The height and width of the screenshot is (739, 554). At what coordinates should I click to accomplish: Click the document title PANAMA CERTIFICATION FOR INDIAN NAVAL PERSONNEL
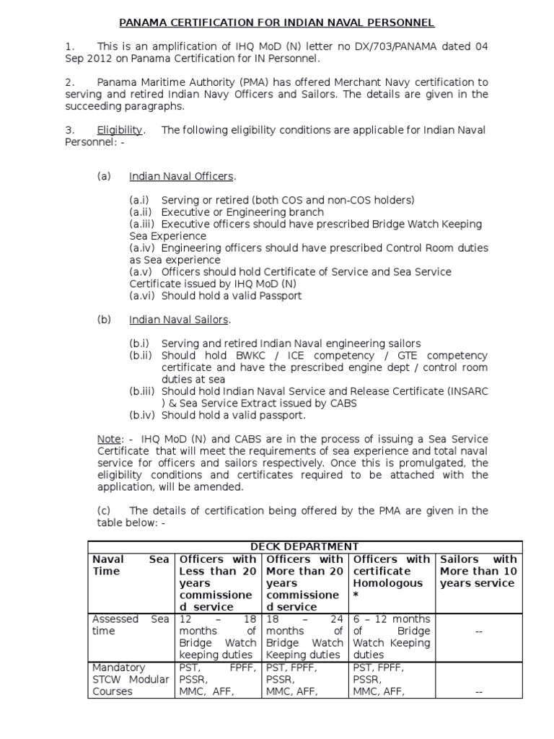[276, 23]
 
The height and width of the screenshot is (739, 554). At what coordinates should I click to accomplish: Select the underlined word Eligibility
[120, 130]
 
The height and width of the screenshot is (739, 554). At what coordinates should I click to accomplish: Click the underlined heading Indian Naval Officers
[182, 177]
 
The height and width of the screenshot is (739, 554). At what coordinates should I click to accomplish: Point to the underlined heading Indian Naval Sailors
[179, 320]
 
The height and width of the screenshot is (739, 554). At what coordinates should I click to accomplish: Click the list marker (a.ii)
[142, 212]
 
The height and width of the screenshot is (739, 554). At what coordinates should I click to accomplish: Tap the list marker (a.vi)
[143, 295]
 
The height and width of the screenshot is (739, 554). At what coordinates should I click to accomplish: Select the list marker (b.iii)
[144, 391]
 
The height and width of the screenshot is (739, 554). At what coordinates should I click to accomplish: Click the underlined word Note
[109, 439]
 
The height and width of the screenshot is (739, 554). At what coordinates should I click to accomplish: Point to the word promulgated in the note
[432, 463]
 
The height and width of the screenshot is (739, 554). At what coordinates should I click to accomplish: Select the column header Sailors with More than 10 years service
[478, 571]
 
